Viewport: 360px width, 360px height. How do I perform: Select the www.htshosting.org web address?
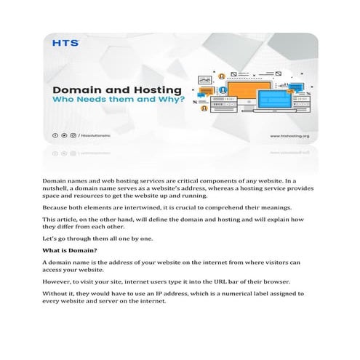click(290, 135)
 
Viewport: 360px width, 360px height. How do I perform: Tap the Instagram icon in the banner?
click(72, 135)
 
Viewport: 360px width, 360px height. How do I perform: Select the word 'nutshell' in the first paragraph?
click(57, 188)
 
